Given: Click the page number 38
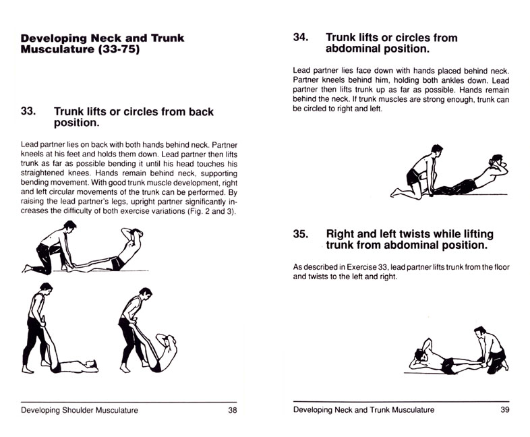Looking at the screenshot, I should pyautogui.click(x=232, y=410).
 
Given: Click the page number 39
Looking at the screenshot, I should pyautogui.click(x=502, y=410).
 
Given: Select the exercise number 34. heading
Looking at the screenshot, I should pyautogui.click(x=301, y=38).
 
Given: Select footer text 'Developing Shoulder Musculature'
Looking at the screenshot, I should pyautogui.click(x=80, y=410).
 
